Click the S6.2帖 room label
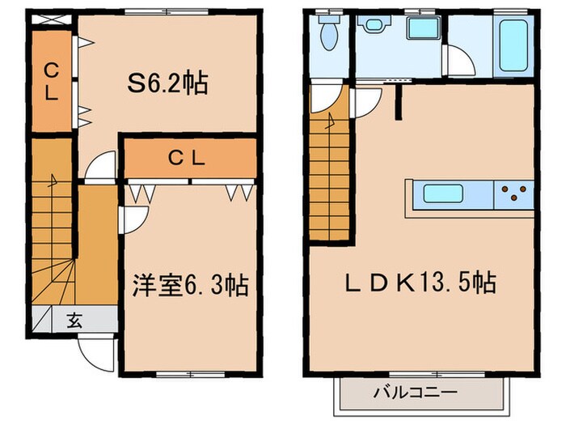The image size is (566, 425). [x=167, y=83]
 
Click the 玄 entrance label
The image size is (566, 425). [x=74, y=319]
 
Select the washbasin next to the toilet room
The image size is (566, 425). [x=374, y=24]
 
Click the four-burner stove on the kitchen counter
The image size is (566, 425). [x=514, y=194]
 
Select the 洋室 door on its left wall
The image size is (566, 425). [x=133, y=220]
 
